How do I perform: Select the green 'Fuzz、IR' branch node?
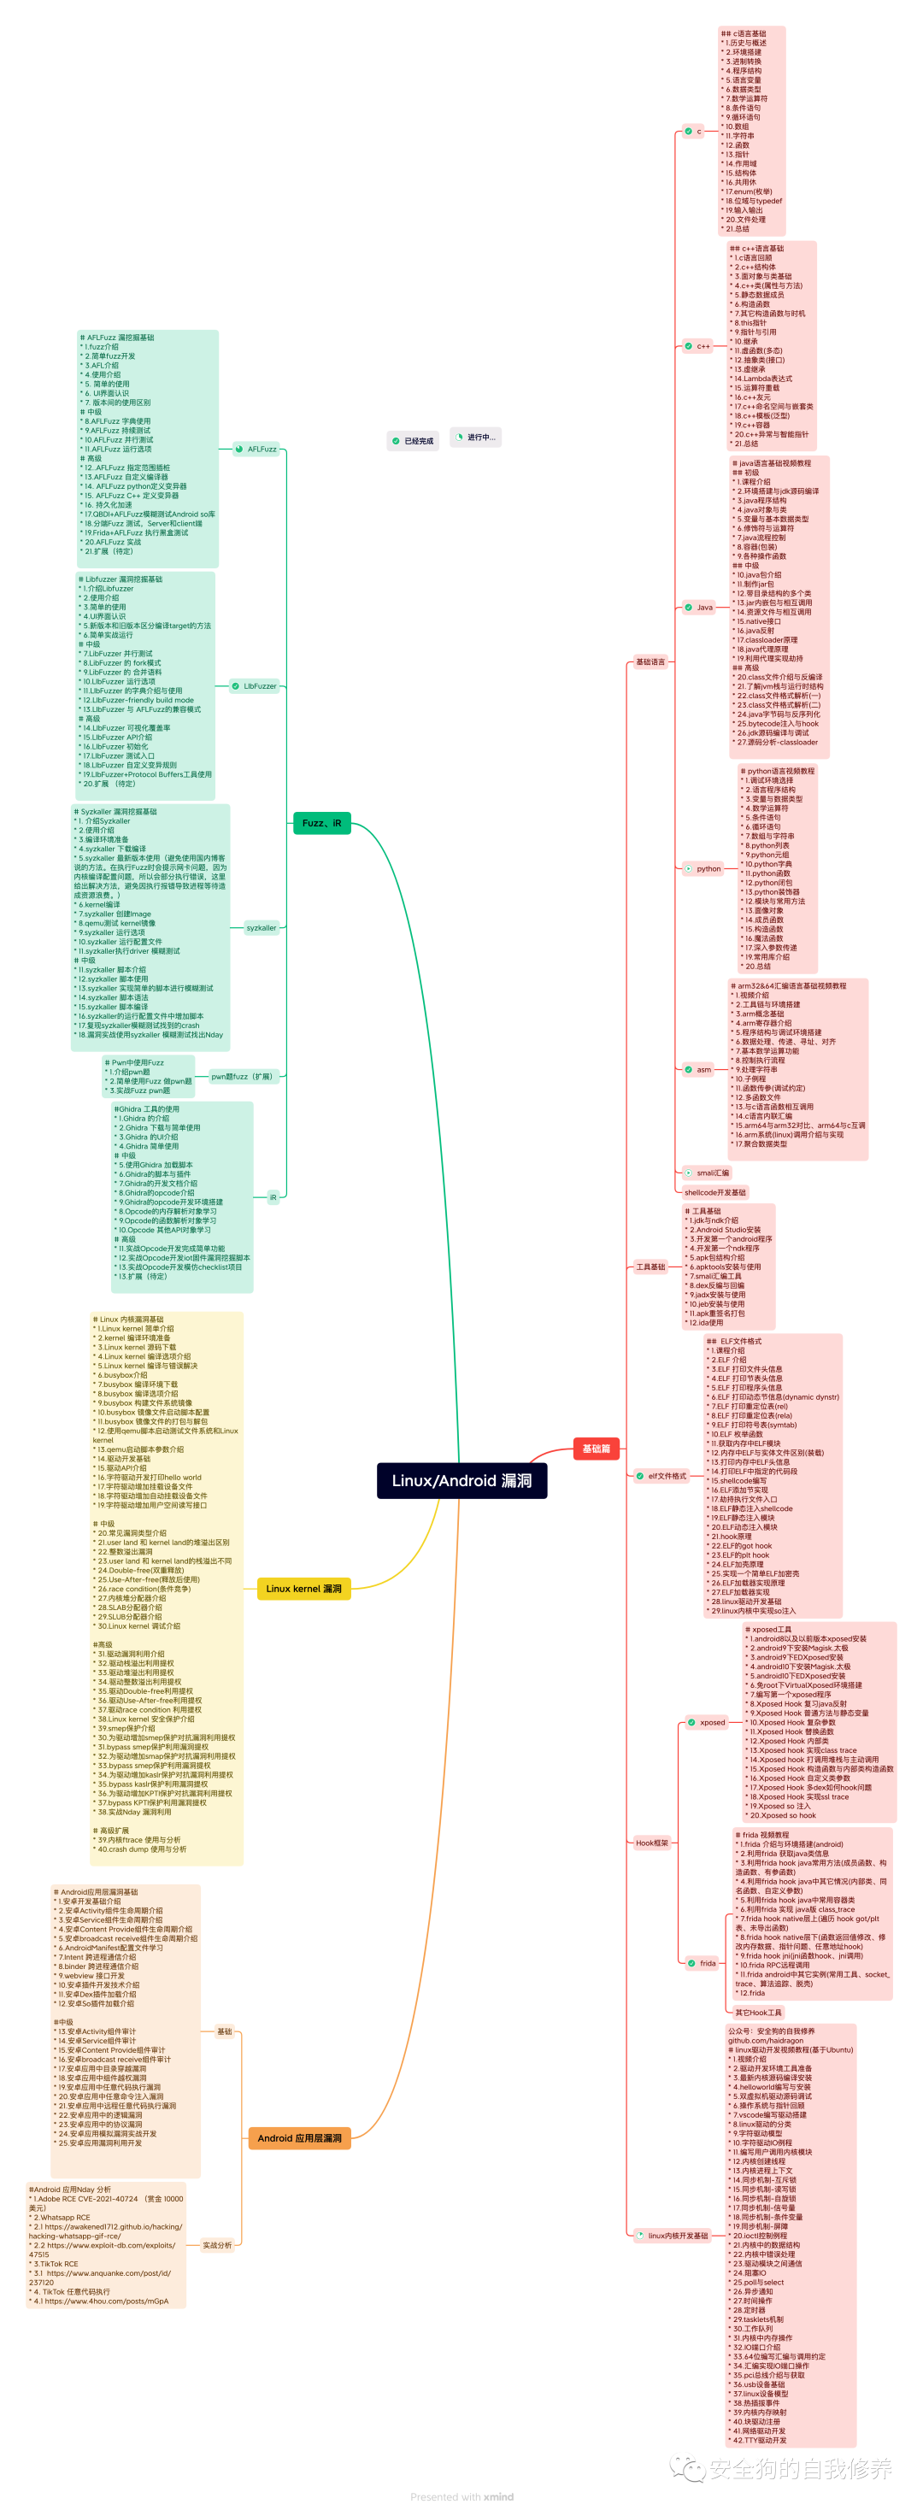[321, 822]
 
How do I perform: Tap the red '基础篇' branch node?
[596, 1448]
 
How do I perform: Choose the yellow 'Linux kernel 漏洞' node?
[303, 1588]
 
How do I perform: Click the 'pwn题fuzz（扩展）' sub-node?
[243, 1077]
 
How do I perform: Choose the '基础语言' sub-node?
[650, 661]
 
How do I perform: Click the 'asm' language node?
[703, 1069]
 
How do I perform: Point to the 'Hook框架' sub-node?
[652, 1843]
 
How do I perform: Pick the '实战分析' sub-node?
[216, 2245]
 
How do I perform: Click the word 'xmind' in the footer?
[498, 2496]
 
